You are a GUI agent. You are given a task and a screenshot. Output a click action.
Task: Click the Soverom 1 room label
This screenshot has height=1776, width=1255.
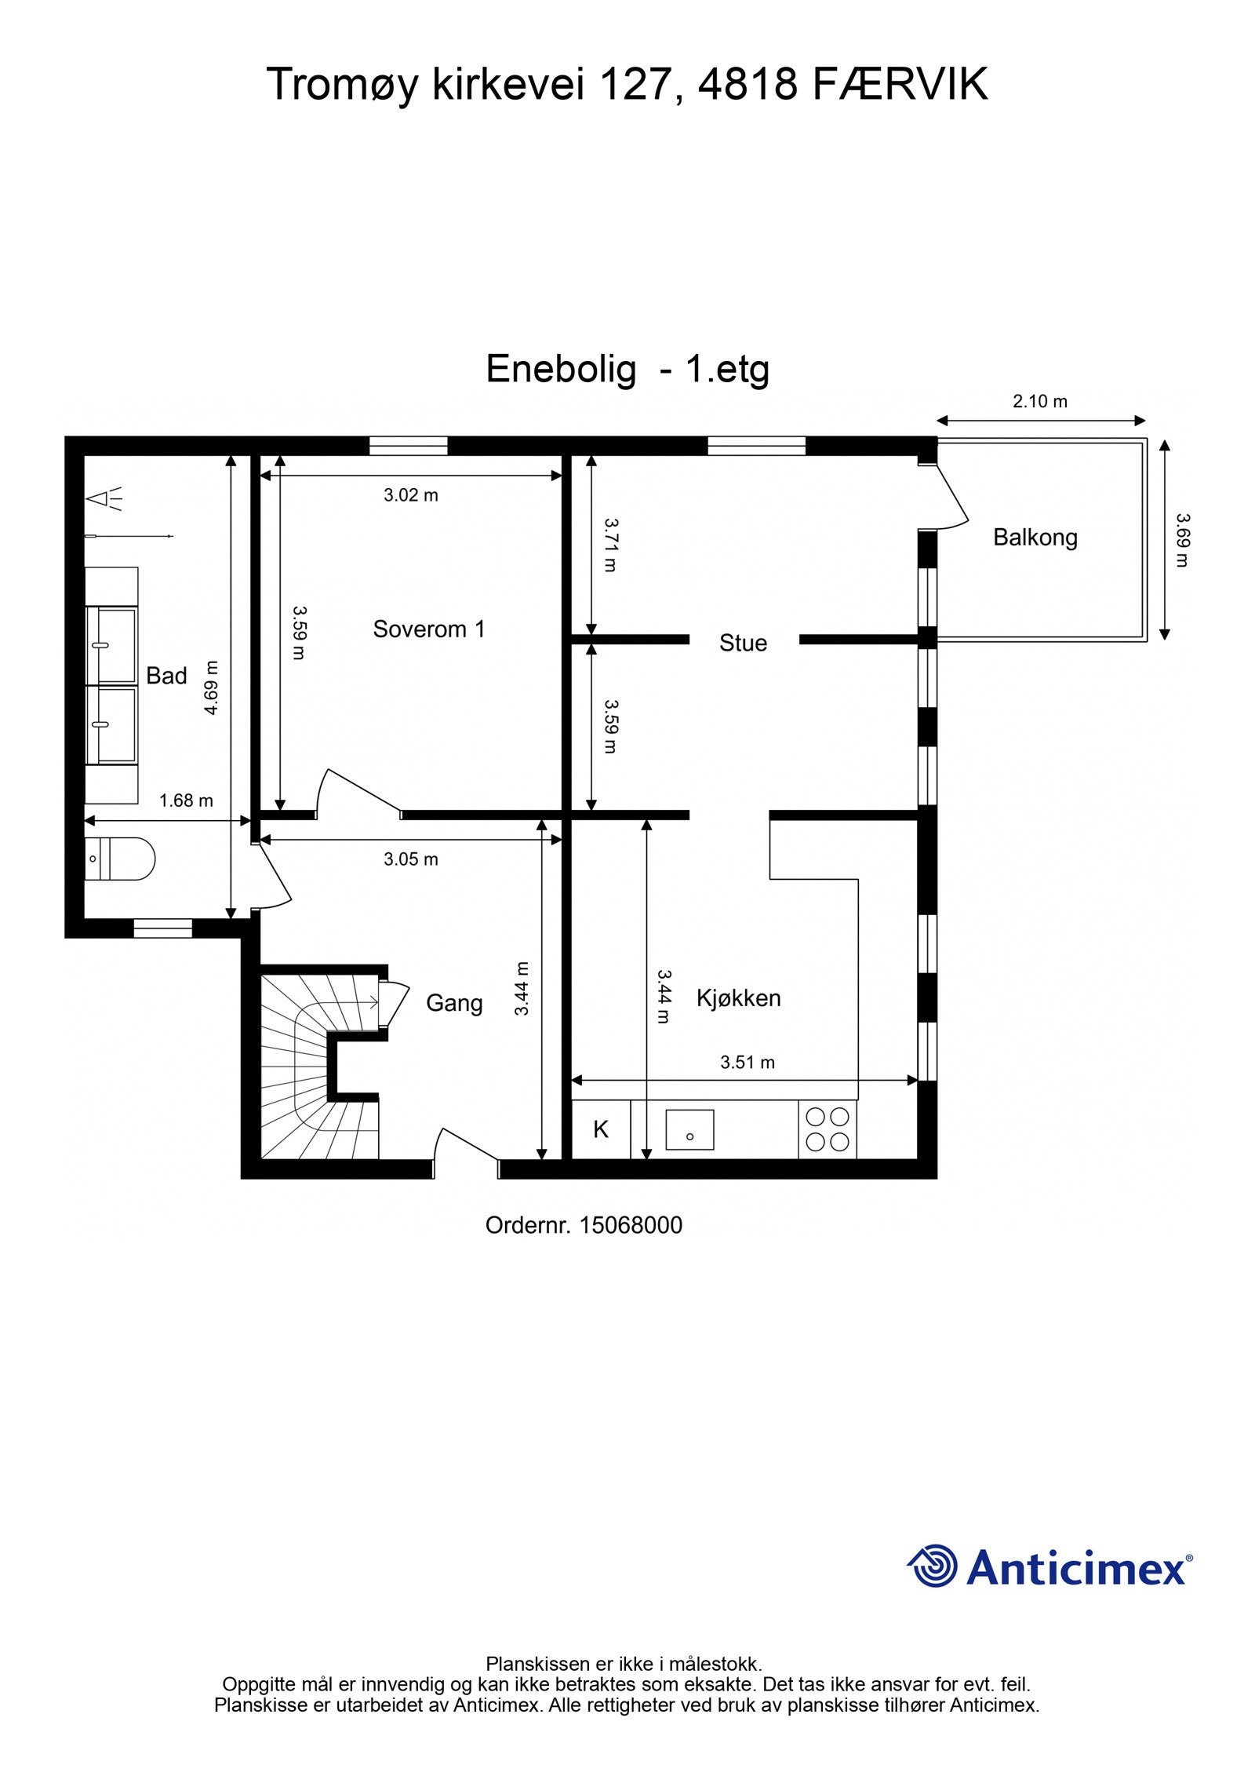coord(428,629)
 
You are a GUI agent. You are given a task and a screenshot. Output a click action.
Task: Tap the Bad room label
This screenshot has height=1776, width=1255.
coord(166,676)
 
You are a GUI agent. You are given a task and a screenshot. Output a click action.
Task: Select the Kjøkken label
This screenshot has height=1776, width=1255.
coord(738,998)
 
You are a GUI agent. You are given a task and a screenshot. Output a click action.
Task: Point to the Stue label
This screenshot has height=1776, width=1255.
coord(742,643)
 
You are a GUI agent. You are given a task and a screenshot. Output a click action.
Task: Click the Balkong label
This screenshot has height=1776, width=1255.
coord(1035,538)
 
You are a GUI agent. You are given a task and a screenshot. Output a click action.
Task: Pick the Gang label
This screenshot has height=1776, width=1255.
coord(453,1003)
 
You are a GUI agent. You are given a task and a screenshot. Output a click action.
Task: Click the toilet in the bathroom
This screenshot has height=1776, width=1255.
coord(119,859)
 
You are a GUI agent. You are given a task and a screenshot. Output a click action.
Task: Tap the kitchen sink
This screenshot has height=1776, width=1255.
coord(689,1129)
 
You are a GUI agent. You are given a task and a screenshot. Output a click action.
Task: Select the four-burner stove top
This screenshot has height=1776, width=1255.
coord(828,1129)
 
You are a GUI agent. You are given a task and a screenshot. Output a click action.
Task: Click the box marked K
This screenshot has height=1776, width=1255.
coord(601,1129)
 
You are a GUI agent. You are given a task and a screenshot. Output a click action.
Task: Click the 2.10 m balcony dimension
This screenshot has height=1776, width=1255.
coord(1039,402)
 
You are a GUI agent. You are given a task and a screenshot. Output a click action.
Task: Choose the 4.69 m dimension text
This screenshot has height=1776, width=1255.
coord(210,687)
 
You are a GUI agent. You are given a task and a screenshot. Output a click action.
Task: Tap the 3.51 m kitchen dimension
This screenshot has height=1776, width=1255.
coord(747,1063)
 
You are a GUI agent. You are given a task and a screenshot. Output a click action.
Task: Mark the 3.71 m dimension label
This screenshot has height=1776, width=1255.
coord(610,544)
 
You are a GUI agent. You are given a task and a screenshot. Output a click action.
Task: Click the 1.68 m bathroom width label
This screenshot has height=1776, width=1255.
coord(186,800)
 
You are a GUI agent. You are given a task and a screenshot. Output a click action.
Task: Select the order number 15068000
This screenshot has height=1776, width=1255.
coord(630,1225)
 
